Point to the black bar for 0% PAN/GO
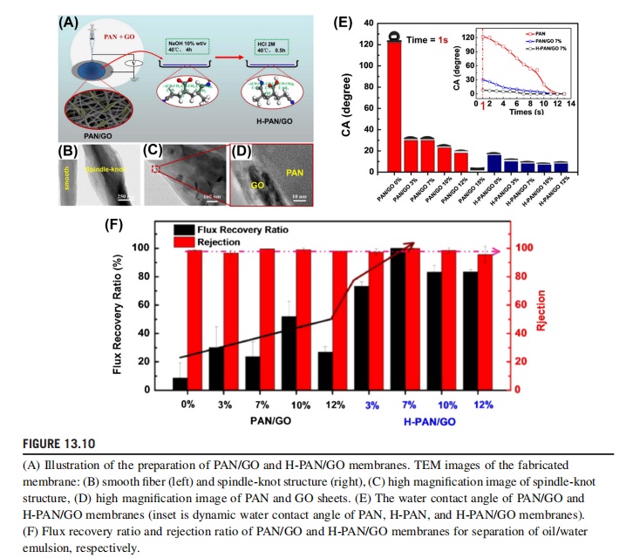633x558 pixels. click(179, 383)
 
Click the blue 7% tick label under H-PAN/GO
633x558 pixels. click(407, 405)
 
